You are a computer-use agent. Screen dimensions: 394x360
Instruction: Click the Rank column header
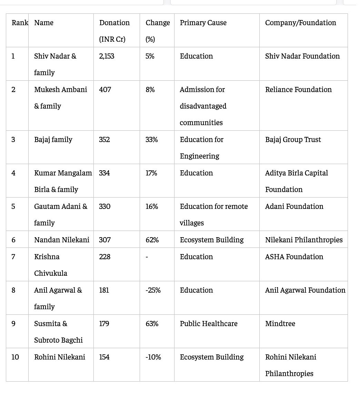point(20,23)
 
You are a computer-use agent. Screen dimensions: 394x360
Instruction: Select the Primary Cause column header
point(203,23)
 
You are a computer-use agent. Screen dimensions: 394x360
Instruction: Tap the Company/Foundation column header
point(300,23)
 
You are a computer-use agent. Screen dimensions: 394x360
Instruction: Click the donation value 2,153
point(107,56)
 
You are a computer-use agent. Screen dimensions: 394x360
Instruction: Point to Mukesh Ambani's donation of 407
point(105,90)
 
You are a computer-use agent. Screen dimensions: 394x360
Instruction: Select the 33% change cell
point(151,140)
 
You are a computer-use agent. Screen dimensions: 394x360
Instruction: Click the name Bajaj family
point(53,140)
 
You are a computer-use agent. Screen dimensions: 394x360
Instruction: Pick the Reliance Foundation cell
point(298,90)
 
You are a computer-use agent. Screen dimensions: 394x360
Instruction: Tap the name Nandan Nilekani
point(62,240)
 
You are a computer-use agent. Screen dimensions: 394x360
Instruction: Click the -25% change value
point(153,290)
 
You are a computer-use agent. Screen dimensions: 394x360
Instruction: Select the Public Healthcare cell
point(209,324)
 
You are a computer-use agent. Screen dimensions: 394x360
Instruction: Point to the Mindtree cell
point(280,324)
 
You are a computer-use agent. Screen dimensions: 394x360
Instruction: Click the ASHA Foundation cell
point(294,257)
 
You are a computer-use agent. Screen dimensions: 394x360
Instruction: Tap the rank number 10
point(15,357)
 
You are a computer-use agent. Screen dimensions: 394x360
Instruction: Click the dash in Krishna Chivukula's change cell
point(147,257)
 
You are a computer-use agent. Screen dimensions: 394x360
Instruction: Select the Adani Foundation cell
point(294,206)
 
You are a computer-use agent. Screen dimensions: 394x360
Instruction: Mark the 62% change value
point(152,240)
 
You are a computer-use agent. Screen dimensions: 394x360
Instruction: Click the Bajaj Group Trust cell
point(293,140)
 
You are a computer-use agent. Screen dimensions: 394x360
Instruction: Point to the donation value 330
point(105,206)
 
